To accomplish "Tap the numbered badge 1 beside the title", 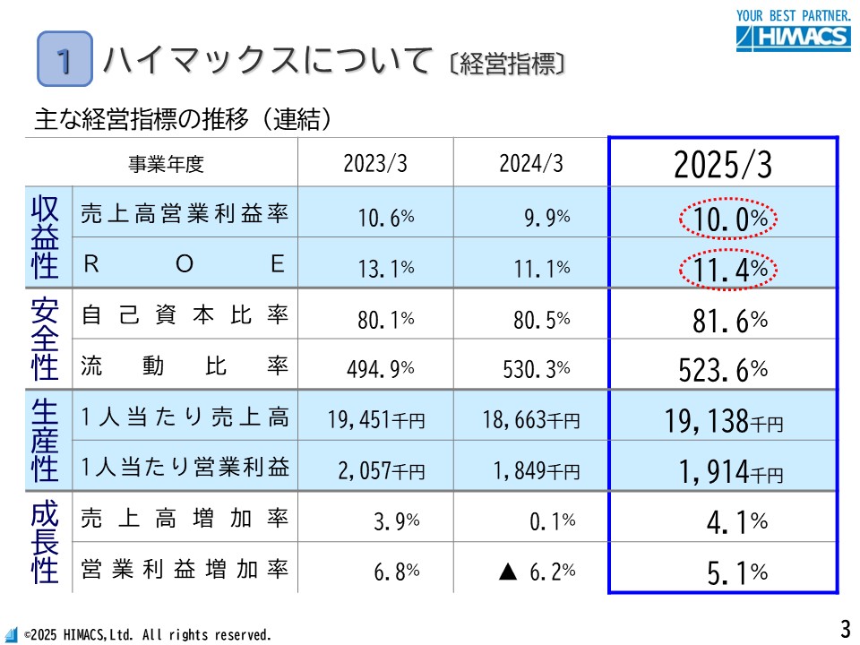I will coord(64,59).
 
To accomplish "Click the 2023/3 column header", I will coord(375,164).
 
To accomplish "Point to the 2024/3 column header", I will coord(531,164).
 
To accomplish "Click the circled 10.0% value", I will coord(727,218).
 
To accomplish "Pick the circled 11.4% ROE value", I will coord(727,267).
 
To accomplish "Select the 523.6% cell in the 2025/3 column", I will coord(722,367).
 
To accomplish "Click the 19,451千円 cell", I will coord(376,419).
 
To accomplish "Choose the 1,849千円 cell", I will coord(536,469).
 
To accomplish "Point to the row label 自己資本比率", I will coord(185,316).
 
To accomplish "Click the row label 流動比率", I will coord(185,366).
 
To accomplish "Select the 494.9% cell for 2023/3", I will coord(381,368).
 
